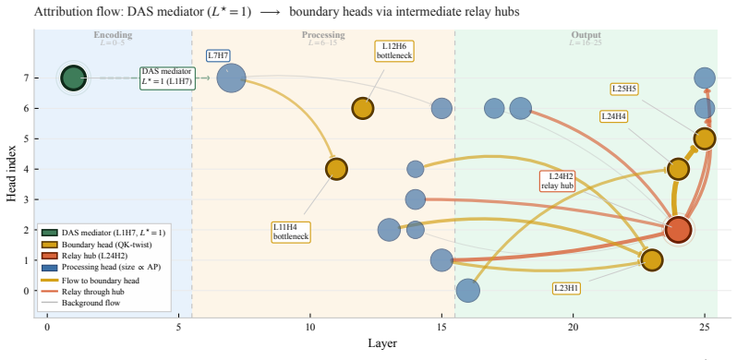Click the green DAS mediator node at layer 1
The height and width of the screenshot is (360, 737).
point(73,78)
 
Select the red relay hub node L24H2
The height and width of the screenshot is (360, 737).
point(678,230)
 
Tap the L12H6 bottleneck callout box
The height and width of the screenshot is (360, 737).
point(393,51)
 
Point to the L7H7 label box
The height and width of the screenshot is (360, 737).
point(218,55)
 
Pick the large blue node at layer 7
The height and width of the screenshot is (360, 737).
point(231,78)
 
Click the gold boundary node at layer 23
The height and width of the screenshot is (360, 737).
point(651,260)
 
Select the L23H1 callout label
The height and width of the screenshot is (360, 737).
point(567,288)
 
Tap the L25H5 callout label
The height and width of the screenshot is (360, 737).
point(624,90)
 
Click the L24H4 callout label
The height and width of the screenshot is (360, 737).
point(614,116)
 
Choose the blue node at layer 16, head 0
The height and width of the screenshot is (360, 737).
point(467,291)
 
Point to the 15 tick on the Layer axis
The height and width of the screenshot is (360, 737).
point(441,327)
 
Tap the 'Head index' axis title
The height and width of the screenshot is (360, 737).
point(11,173)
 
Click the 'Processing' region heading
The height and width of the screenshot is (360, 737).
point(323,35)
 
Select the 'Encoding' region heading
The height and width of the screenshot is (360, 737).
point(113,35)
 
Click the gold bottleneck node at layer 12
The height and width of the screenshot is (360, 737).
point(362,108)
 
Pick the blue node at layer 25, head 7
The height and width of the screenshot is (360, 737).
point(704,78)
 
